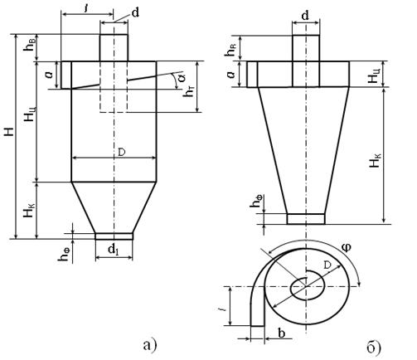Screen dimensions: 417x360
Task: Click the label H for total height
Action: pos(10,132)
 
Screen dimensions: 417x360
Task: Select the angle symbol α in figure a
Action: pos(181,78)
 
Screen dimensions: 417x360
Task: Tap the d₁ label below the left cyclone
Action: pos(114,251)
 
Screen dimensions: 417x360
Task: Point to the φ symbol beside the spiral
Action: pos(347,247)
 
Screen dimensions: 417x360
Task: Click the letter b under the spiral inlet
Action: pos(281,333)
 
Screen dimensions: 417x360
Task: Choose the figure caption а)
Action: pos(150,345)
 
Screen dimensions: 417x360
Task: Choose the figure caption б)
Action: pos(374,347)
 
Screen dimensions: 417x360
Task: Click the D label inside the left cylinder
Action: pos(122,153)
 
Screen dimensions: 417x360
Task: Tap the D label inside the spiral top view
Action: pos(327,265)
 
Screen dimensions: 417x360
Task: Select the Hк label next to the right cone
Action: pos(375,160)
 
